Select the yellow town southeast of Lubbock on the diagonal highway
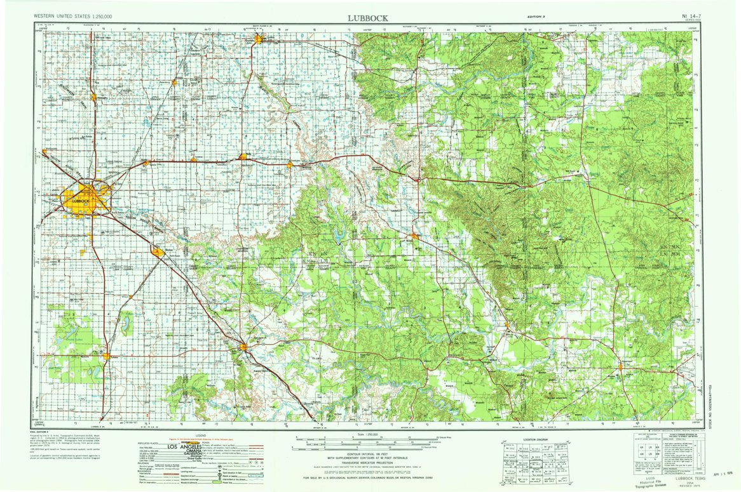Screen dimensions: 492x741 point(157,253)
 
